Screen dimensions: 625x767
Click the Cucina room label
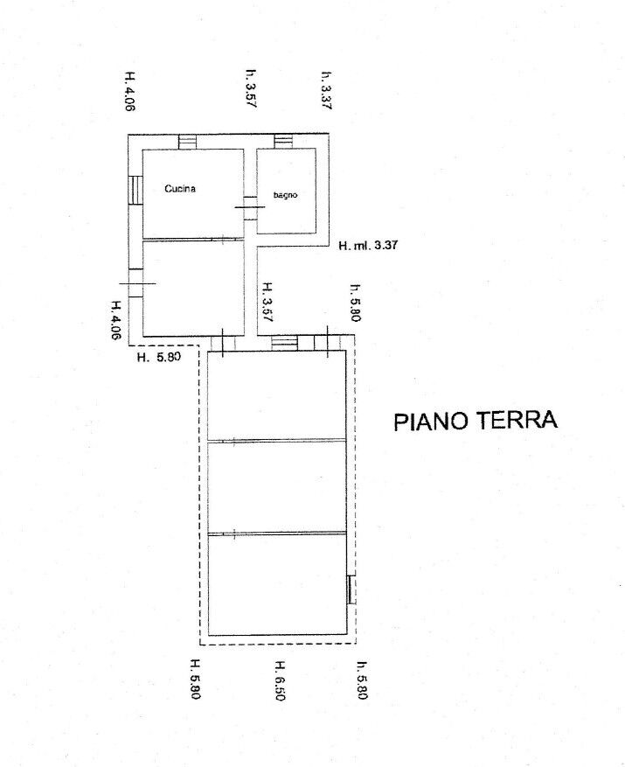tap(180, 188)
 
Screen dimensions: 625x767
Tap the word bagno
tap(285, 195)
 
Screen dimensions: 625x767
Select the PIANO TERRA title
tap(476, 421)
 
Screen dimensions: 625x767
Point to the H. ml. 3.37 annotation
tap(368, 245)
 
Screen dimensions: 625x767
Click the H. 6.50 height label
tap(280, 680)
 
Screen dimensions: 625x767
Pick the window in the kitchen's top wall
tap(187, 142)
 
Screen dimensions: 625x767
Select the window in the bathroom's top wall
tap(283, 142)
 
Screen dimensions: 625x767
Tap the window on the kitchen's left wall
tap(135, 190)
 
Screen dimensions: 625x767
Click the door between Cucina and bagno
tap(250, 207)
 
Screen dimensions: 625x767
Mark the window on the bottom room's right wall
tap(351, 590)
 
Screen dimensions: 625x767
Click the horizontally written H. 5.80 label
tap(158, 357)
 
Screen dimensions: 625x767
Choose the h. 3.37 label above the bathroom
tap(326, 90)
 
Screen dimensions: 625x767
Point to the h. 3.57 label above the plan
tap(251, 88)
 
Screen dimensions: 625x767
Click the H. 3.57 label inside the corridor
tap(267, 302)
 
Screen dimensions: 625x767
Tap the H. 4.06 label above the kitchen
tap(129, 92)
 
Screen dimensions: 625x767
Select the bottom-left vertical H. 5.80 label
tap(195, 679)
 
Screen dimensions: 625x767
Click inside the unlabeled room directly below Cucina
tap(193, 288)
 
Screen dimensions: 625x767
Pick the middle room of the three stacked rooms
tap(277, 487)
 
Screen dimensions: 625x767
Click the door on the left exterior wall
tap(136, 283)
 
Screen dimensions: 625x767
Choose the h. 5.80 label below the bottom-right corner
tap(363, 680)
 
